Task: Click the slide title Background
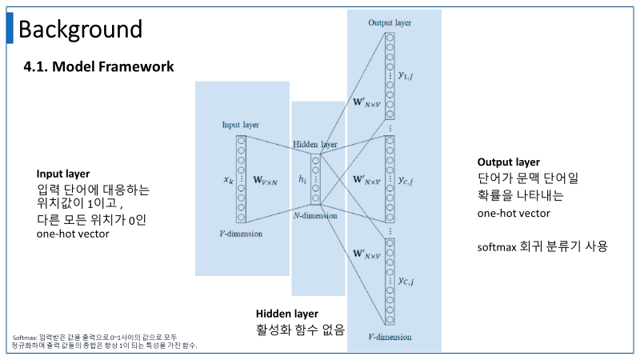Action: (x=80, y=30)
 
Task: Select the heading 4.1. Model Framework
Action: (x=99, y=66)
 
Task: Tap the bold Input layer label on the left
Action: (x=63, y=174)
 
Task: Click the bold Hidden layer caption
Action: (x=287, y=314)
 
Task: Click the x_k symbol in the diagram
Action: (x=227, y=181)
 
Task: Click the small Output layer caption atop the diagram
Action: (x=390, y=22)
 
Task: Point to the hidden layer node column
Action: (x=315, y=180)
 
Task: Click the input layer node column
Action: (x=240, y=178)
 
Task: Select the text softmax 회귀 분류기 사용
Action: (x=542, y=246)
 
